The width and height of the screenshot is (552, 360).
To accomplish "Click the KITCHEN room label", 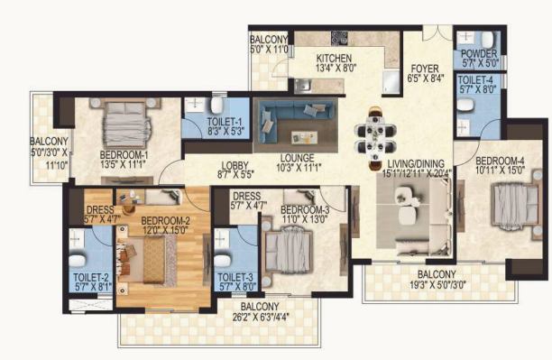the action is coord(334,58).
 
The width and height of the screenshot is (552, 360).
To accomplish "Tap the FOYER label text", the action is coord(425,69).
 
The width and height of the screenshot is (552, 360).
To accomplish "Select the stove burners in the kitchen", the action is coord(339,38).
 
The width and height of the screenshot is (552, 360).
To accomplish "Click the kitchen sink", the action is coord(302,85).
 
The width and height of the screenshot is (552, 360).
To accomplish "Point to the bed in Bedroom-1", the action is coord(126,124).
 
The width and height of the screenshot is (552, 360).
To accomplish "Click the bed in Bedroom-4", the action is coord(515,205).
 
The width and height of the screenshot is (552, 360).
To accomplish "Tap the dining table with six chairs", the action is coord(375,138).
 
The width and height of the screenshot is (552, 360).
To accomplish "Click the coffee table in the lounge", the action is coord(304,137).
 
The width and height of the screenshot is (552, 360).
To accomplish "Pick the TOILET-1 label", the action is coord(225,122).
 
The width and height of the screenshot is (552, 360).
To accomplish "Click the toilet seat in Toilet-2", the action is coord(78,261).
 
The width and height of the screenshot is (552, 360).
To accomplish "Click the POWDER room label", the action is coord(479,54).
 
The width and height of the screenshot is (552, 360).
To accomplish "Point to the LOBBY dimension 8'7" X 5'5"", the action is coord(235,174).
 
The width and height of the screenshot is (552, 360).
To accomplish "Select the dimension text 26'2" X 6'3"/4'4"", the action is coord(261,317).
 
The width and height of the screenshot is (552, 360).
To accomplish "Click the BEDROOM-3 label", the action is coord(305,210).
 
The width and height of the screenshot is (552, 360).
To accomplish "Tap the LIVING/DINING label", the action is coord(416,164).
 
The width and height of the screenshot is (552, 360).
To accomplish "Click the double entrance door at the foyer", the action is coord(437,33).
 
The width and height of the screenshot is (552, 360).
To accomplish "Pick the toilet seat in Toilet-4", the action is coord(466,104).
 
